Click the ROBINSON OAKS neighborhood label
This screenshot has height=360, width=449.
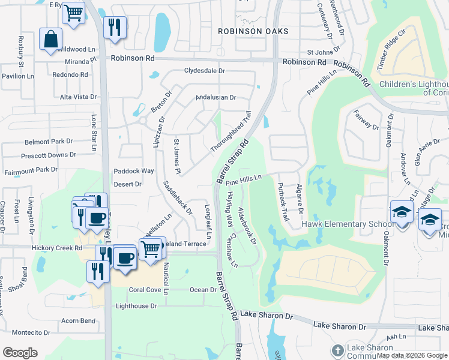tap(253, 31)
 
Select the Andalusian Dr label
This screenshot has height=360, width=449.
tap(216, 97)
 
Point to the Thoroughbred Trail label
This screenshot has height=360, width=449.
tap(230, 131)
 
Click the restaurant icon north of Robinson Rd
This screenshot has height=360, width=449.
tap(113, 27)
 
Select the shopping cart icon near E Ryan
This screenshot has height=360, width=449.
tap(73, 12)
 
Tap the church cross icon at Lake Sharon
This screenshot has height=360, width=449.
tap(338, 350)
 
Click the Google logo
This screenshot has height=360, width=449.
tap(20, 353)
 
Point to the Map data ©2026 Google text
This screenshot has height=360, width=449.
tap(411, 355)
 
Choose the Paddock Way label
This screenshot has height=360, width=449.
tap(134, 171)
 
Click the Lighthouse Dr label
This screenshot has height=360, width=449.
tap(136, 306)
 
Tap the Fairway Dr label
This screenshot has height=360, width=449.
tap(367, 120)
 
